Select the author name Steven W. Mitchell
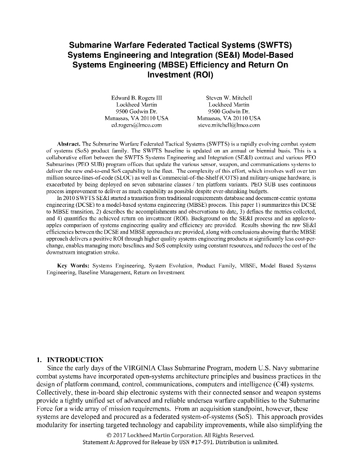point(229,98)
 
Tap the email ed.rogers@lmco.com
point(137,125)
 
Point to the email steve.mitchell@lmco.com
point(229,125)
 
